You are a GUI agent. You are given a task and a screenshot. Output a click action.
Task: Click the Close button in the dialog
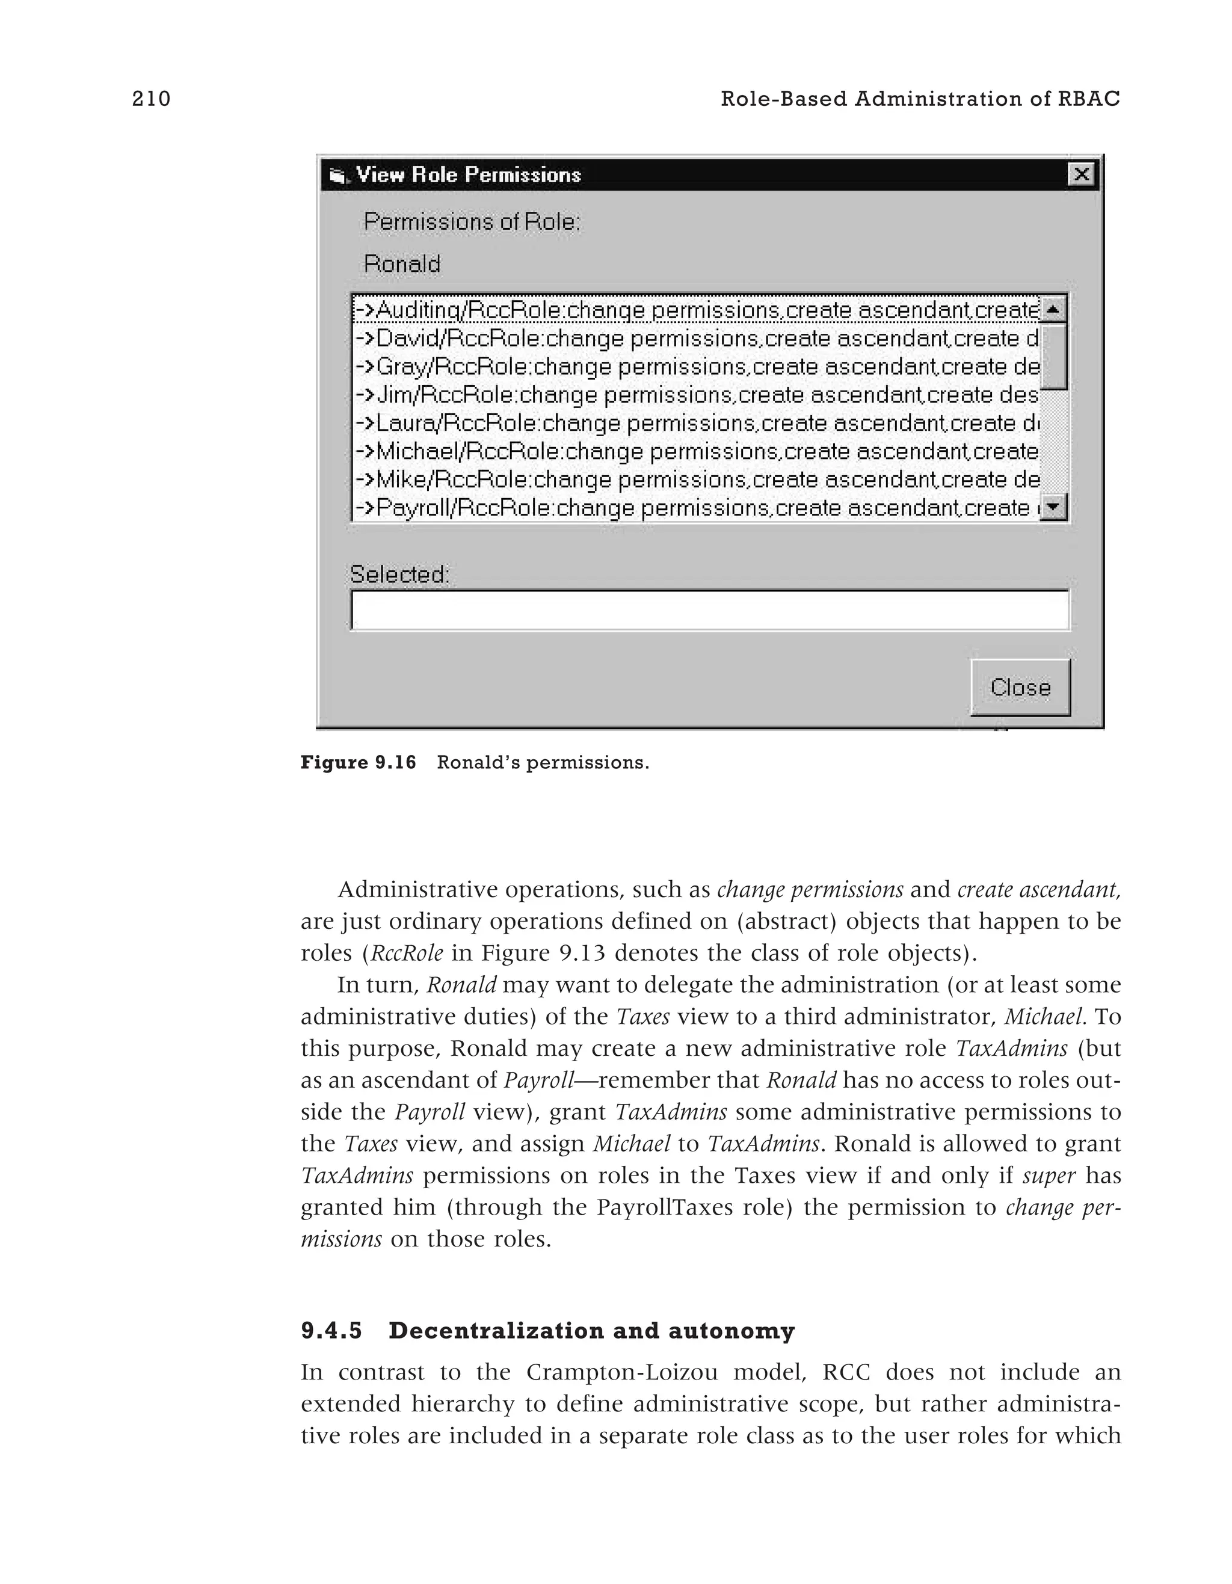pyautogui.click(x=1020, y=687)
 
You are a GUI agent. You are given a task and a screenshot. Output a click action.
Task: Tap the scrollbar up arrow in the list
pyautogui.click(x=1053, y=310)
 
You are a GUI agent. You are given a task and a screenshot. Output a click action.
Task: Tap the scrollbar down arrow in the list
pyautogui.click(x=1053, y=506)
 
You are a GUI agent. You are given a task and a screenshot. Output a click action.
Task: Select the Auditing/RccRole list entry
pyautogui.click(x=696, y=310)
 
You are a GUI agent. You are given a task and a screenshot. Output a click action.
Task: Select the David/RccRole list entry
pyautogui.click(x=696, y=339)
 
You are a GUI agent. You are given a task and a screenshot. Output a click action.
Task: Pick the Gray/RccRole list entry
pyautogui.click(x=696, y=367)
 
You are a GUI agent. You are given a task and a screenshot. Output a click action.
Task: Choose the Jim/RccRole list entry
pyautogui.click(x=696, y=395)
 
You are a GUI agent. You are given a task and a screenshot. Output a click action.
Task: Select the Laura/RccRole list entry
pyautogui.click(x=696, y=424)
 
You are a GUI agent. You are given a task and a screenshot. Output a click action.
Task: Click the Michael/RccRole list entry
pyautogui.click(x=696, y=452)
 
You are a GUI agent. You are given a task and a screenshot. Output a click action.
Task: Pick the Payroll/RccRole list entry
pyautogui.click(x=696, y=508)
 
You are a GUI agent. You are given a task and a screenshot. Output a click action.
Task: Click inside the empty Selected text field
pyautogui.click(x=709, y=611)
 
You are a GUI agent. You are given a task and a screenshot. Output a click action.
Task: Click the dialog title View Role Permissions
pyautogui.click(x=469, y=175)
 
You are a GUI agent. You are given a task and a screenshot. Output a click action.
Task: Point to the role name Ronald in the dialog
pyautogui.click(x=402, y=264)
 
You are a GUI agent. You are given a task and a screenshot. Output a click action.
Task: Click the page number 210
pyautogui.click(x=151, y=99)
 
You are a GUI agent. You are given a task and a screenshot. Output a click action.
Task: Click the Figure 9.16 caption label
pyautogui.click(x=358, y=762)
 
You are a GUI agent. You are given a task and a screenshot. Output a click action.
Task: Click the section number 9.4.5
pyautogui.click(x=331, y=1331)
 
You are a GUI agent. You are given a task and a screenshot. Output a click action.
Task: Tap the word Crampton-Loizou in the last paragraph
pyautogui.click(x=621, y=1372)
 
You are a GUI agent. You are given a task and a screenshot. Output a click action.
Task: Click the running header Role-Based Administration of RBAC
pyautogui.click(x=919, y=99)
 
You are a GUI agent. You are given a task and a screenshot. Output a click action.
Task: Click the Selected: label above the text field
pyautogui.click(x=399, y=575)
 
